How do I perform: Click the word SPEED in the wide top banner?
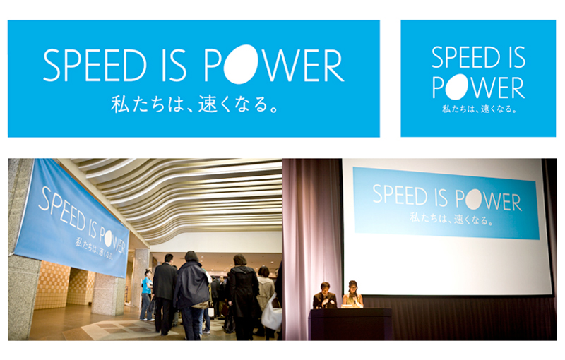pos(95,66)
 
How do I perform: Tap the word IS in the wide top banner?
pos(174,66)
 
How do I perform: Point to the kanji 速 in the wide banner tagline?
pos(208,104)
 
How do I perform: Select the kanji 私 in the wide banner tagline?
pos(120,104)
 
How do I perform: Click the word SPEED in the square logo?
pos(466,58)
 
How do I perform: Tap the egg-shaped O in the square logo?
pos(457,87)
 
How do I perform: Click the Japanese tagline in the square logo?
pos(480,109)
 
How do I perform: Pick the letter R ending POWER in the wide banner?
pos(333,66)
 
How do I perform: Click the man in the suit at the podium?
pos(325,296)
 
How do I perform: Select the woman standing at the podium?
pos(352,294)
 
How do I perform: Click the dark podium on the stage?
pos(350,324)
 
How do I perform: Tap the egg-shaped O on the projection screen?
pos(473,200)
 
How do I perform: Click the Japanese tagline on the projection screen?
pos(451,219)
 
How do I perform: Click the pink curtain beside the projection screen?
pos(312,230)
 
